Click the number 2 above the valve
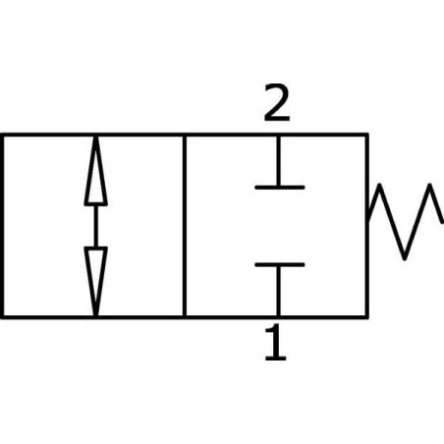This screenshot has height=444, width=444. [277, 102]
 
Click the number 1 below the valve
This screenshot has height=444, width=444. [276, 342]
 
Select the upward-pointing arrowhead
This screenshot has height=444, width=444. [95, 171]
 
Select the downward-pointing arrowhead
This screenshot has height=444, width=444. [95, 282]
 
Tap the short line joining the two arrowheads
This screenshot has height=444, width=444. [95, 226]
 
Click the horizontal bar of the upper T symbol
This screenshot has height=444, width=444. [280, 188]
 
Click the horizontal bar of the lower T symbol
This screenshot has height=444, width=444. [280, 264]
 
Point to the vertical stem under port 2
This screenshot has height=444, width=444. [278, 161]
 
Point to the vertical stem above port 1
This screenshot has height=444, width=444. [278, 291]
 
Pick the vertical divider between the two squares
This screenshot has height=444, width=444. [185, 226]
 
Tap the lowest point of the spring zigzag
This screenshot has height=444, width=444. [405, 258]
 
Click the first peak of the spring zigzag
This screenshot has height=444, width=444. [379, 186]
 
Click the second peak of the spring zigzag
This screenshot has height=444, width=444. [430, 186]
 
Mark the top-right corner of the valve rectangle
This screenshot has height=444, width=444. [367, 135]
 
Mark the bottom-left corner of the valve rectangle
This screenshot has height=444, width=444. [2, 317]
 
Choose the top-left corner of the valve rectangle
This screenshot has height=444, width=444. [2, 135]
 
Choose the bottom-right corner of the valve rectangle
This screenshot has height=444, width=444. [367, 317]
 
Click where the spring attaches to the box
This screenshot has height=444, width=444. [368, 219]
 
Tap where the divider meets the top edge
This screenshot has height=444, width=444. [185, 135]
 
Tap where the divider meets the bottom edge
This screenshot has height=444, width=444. [185, 317]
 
